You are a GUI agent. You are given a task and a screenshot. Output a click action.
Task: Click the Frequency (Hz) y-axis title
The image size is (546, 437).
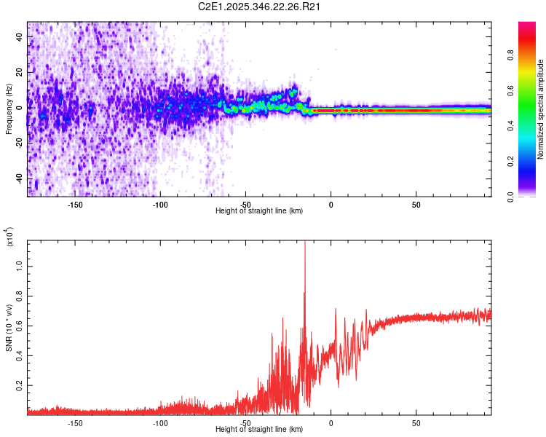coord(9,109)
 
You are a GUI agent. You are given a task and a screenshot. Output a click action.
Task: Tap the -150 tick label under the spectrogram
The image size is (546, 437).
coord(74,205)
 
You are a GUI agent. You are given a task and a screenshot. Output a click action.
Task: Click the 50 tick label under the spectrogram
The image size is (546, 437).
coord(416,205)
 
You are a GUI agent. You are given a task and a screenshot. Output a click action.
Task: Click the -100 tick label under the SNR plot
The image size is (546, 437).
coord(160,422)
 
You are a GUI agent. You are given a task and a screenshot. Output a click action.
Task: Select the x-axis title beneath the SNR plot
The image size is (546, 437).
coord(260,429)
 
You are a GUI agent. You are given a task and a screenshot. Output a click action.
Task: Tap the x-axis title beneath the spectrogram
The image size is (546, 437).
coord(260,211)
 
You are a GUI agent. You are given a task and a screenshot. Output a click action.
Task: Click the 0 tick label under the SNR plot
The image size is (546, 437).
coord(331,422)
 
